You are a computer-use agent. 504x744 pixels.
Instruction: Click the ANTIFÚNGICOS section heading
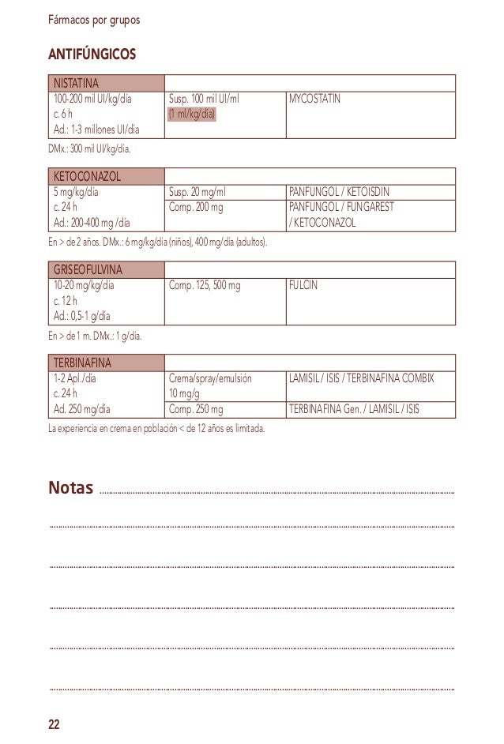(x=92, y=54)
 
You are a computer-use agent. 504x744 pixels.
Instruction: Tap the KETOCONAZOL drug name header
(x=86, y=175)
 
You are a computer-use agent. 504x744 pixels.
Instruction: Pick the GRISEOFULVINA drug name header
(x=89, y=269)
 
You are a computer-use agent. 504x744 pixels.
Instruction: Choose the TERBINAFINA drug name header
(x=83, y=363)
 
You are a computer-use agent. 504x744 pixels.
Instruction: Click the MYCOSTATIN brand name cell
(x=316, y=100)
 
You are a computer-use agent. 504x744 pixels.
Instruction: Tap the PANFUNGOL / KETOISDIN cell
(x=339, y=192)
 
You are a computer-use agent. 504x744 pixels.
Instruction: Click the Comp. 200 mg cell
(x=197, y=207)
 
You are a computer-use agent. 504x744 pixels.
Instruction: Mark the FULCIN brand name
(x=304, y=286)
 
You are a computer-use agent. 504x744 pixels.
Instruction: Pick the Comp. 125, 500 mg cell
(x=205, y=286)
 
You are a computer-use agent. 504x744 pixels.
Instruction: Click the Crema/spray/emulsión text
(x=210, y=379)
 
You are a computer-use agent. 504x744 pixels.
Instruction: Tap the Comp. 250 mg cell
(x=197, y=409)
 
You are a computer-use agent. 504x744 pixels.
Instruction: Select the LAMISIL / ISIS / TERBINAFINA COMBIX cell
(x=361, y=379)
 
